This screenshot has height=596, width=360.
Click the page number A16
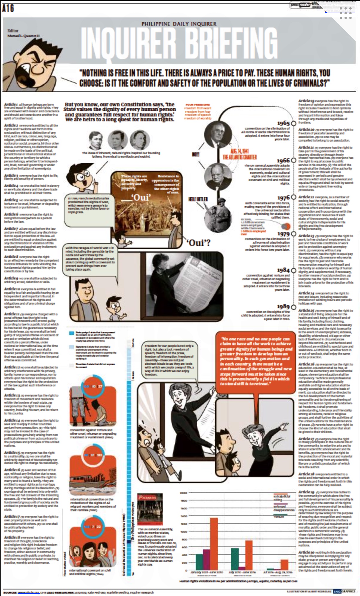[x=8, y=8]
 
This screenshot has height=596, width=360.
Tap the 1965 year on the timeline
[x=283, y=123]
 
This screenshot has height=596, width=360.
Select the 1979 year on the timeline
[x=283, y=234]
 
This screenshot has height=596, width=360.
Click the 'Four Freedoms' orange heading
[x=198, y=105]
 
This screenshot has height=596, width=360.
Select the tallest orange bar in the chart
[x=214, y=544]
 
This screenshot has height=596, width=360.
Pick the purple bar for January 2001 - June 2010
[x=207, y=559]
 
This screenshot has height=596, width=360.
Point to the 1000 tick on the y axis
[x=184, y=532]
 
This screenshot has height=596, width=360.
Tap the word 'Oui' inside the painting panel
[x=142, y=197]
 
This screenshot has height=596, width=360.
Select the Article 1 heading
[x=11, y=105]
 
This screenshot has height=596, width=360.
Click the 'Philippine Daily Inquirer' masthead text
[x=179, y=24]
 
